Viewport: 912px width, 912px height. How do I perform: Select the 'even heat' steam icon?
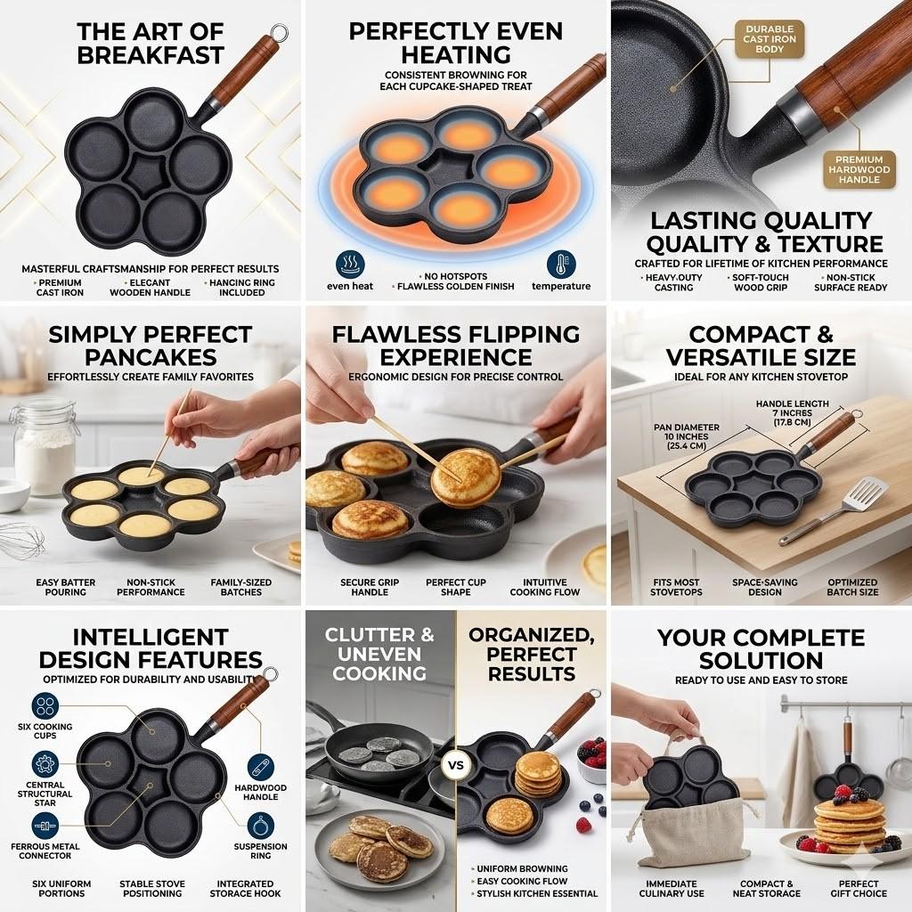coord(349,264)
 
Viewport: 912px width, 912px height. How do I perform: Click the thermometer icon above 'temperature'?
coord(561,264)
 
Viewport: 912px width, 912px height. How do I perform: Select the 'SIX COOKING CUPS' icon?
coord(45,706)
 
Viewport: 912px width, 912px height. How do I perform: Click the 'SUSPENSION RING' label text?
coord(260,851)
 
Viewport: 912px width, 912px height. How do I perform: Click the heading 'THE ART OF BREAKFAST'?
coord(150,43)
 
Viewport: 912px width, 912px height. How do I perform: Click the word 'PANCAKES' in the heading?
coord(150,357)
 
